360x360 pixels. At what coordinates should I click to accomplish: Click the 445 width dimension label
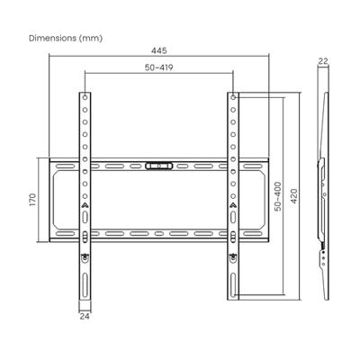158,51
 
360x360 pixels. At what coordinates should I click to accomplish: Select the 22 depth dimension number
323,62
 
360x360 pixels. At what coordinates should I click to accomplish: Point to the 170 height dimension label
31,200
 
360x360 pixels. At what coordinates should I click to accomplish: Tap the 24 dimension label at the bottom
84,317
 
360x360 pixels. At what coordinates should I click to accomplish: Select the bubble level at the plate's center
158,166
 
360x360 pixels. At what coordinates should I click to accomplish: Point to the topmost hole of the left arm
85,96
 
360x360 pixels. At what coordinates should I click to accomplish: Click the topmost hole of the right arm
232,96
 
